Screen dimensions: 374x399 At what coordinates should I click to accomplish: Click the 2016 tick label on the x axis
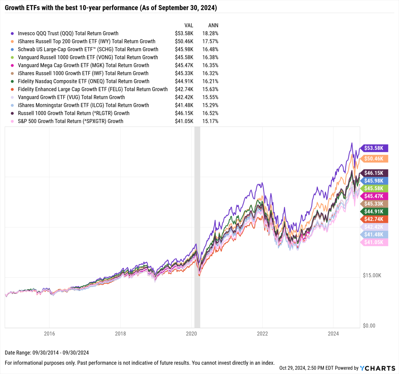(x=49, y=334)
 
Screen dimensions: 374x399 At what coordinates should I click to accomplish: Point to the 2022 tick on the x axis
(x=262, y=334)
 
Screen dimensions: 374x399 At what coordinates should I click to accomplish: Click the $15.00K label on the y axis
(x=372, y=275)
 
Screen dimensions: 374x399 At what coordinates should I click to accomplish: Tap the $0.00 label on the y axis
(x=369, y=326)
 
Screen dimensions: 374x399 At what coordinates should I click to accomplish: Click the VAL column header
(x=189, y=25)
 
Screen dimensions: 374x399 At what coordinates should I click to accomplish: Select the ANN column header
(x=213, y=25)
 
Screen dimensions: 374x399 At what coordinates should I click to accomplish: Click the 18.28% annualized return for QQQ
(x=210, y=34)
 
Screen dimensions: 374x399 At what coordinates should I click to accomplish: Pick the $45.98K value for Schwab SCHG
(x=184, y=49)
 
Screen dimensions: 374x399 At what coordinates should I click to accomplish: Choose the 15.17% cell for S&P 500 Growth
(x=210, y=121)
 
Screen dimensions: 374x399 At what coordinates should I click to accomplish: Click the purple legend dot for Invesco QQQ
(x=12, y=34)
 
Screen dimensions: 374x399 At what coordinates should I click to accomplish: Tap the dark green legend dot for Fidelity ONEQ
(x=12, y=81)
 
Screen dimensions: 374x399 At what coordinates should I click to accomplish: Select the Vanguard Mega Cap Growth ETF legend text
(x=83, y=65)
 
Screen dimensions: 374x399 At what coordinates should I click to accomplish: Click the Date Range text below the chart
(x=47, y=353)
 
